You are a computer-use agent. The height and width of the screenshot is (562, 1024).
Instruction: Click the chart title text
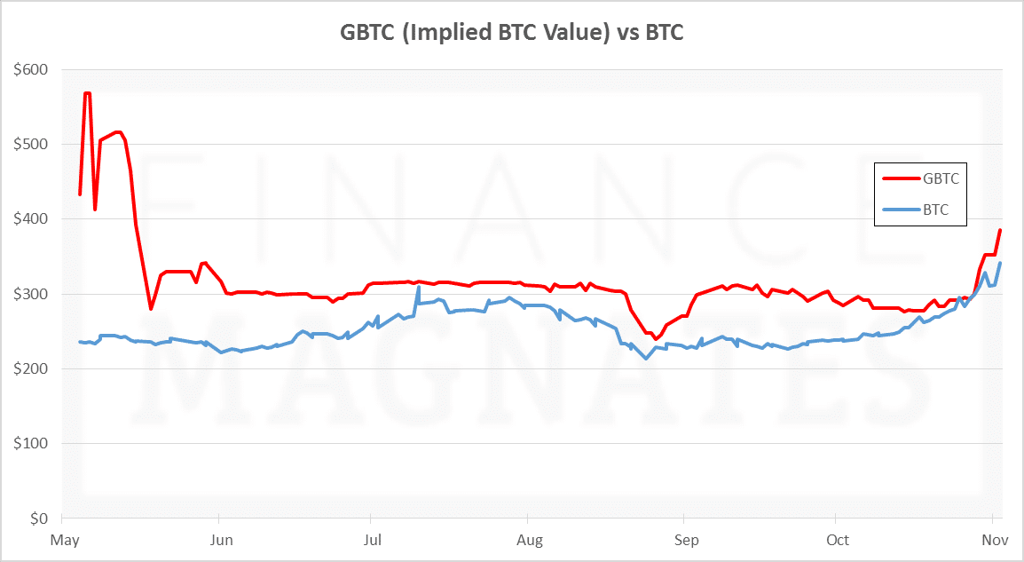[512, 33]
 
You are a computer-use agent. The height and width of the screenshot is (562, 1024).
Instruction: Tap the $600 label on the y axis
[31, 69]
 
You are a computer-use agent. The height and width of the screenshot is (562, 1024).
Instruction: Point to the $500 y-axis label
[31, 144]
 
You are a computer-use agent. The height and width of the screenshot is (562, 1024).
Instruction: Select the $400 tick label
[31, 219]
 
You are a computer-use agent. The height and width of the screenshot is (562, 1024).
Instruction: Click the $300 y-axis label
[31, 294]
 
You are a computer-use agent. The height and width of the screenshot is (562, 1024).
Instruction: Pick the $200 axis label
[31, 368]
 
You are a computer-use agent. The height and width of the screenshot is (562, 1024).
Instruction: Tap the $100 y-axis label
[31, 443]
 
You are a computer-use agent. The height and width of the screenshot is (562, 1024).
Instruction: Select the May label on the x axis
[65, 540]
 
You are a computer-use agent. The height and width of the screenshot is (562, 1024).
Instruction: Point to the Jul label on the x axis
[373, 540]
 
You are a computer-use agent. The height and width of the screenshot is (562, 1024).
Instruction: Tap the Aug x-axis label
[529, 540]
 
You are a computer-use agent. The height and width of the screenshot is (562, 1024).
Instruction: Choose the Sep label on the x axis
[686, 540]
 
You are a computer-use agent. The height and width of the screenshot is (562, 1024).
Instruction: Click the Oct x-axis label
[837, 540]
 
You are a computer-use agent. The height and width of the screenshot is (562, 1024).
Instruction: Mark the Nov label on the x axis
[991, 540]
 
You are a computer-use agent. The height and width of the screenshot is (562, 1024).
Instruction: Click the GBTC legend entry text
[941, 178]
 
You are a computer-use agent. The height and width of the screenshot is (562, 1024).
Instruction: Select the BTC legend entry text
[936, 211]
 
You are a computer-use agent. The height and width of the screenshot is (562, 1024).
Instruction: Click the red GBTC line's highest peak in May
[87, 92]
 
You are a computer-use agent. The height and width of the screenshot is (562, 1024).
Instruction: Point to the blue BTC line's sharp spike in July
[418, 288]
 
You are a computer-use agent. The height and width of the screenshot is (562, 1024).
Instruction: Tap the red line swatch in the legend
[900, 178]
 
